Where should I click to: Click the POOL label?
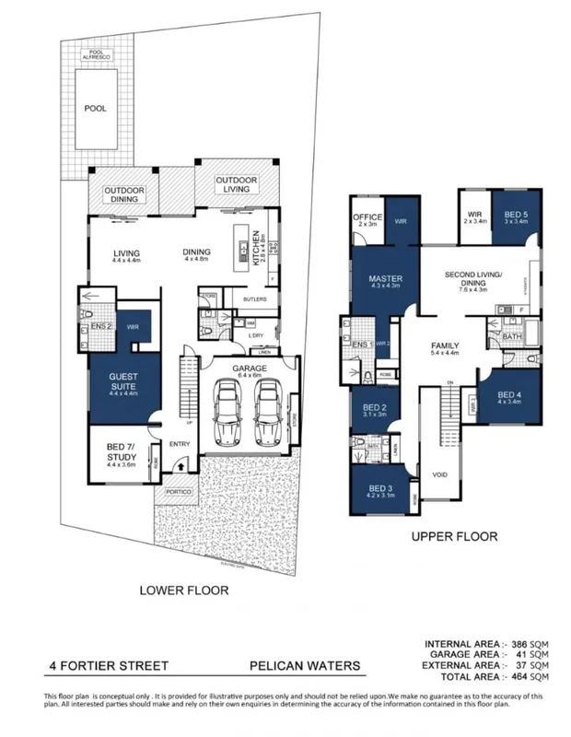tap(95, 108)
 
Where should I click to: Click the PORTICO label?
tap(180, 492)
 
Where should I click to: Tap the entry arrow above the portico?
tap(180, 467)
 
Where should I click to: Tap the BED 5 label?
tap(515, 216)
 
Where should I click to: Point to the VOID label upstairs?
tap(438, 475)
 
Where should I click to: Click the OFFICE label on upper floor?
tap(367, 218)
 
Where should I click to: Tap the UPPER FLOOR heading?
tap(454, 535)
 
